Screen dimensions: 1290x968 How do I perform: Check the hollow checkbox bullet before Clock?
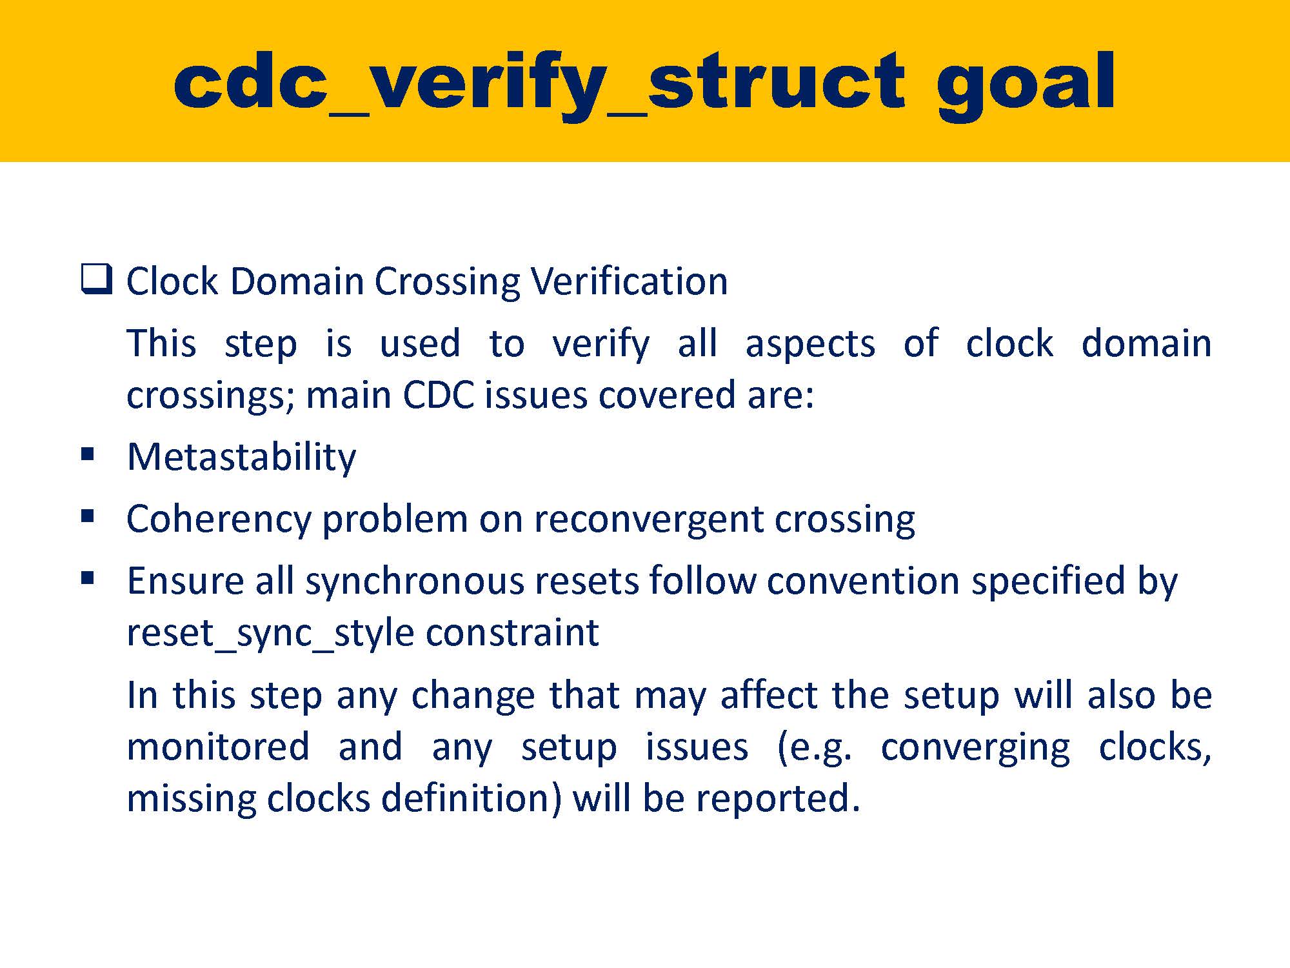[x=96, y=279]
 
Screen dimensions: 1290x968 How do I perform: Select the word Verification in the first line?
[x=629, y=281]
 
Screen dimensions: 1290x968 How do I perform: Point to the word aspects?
[x=810, y=344]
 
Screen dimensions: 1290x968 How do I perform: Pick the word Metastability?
[x=241, y=458]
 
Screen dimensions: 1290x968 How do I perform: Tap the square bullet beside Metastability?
[x=88, y=455]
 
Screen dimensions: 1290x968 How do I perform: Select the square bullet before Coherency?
[x=88, y=516]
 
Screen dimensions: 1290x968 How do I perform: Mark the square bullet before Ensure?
[x=88, y=578]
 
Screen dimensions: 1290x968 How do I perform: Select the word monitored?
[x=218, y=747]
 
